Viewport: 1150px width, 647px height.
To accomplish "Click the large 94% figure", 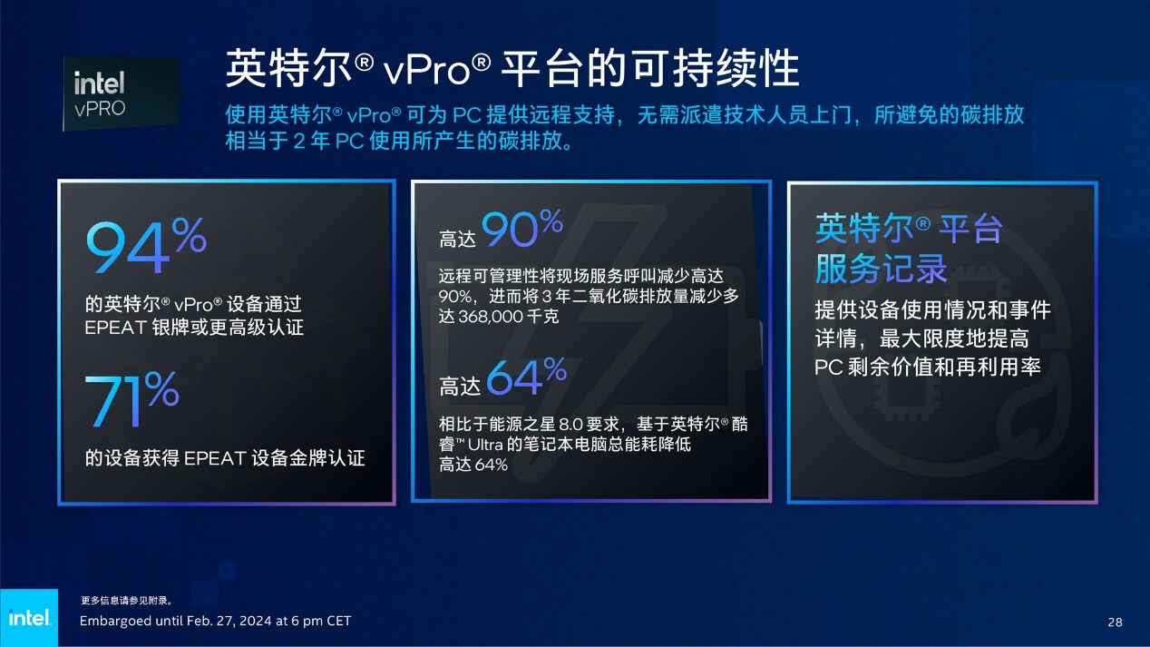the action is point(146,245).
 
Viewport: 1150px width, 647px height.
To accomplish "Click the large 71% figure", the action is point(132,399).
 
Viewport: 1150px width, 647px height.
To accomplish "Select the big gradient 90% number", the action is point(522,228).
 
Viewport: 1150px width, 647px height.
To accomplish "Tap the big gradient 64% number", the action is point(526,377).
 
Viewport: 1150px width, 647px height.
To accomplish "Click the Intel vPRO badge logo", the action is point(122,93).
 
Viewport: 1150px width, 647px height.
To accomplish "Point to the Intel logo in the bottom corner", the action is point(29,618).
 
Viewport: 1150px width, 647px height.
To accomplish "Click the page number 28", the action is point(1115,622).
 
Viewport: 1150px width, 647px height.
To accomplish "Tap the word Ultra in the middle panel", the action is point(485,444).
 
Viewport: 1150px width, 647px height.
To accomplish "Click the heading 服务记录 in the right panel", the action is point(881,269).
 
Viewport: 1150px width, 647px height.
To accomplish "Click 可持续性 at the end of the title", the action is point(716,69).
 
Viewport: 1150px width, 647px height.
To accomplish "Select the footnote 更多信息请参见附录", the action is point(127,601).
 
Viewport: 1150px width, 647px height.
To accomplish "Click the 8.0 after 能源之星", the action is point(570,424).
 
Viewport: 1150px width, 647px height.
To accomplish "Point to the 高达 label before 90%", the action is point(457,240).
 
